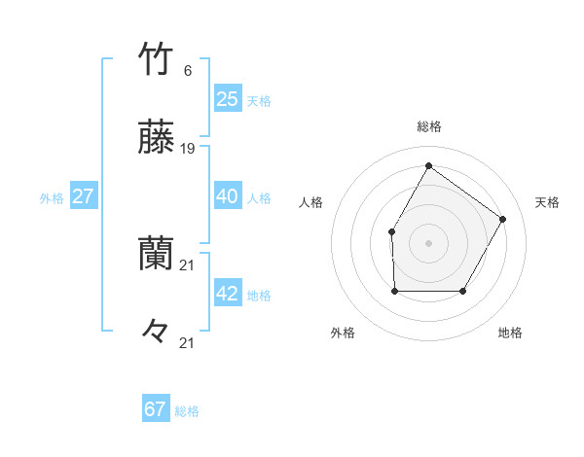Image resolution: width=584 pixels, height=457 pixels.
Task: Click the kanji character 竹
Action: coord(157,60)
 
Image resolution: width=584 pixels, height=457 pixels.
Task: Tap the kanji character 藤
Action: coord(157,139)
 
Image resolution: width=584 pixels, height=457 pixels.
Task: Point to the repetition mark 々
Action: coord(157,334)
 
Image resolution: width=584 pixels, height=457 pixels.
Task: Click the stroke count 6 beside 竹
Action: coord(188,71)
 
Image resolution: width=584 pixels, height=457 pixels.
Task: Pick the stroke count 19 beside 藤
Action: coord(188,149)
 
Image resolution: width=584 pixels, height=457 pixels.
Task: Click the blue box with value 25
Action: coord(228,99)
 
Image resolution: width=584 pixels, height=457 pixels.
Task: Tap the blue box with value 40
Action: coord(228,196)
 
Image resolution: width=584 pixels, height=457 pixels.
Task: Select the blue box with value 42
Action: coord(228,294)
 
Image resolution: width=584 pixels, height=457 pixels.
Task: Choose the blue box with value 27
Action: coord(84,196)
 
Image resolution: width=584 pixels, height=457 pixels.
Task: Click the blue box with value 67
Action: coord(156,409)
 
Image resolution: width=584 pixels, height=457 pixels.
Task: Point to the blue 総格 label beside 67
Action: coord(187,411)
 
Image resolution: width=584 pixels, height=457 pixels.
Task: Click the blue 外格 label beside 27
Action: coord(52,198)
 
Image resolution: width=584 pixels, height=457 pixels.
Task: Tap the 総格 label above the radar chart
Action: coord(429,126)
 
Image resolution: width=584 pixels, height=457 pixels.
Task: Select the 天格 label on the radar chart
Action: coord(547,202)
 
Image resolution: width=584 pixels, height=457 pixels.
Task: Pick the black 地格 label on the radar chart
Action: coord(510,333)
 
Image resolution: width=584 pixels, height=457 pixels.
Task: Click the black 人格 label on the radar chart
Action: coord(311,202)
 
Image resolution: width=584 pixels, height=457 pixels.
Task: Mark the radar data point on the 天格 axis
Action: coord(502,220)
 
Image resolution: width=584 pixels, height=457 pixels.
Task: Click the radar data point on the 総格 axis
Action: coord(428,165)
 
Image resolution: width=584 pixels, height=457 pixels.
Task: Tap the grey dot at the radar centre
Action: coord(428,242)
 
